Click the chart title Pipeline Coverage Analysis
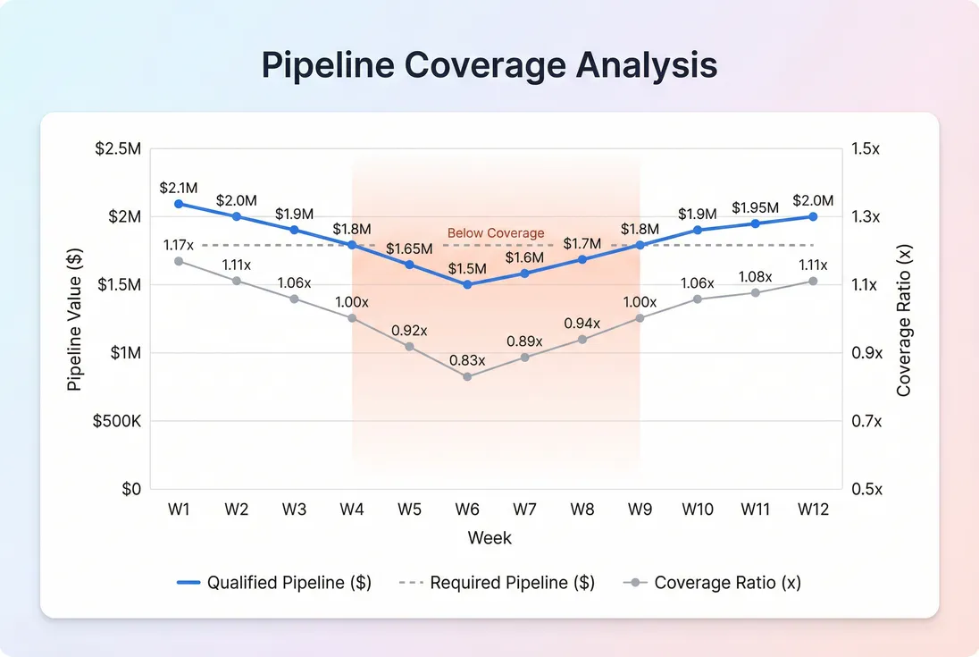click(489, 66)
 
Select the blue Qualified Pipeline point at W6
click(467, 284)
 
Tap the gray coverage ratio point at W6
click(467, 376)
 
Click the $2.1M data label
click(179, 188)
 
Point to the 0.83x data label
click(467, 360)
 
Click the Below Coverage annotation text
click(496, 233)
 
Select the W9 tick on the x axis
click(640, 510)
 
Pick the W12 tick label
click(813, 510)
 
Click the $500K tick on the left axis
click(117, 421)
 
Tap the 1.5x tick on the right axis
click(866, 149)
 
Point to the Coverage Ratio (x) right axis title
click(904, 319)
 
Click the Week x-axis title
click(489, 537)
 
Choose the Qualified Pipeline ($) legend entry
click(274, 583)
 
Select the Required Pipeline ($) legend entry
click(497, 583)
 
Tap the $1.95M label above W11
click(755, 207)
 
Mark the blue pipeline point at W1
click(179, 204)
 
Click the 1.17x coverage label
click(179, 244)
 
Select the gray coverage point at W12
click(813, 281)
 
